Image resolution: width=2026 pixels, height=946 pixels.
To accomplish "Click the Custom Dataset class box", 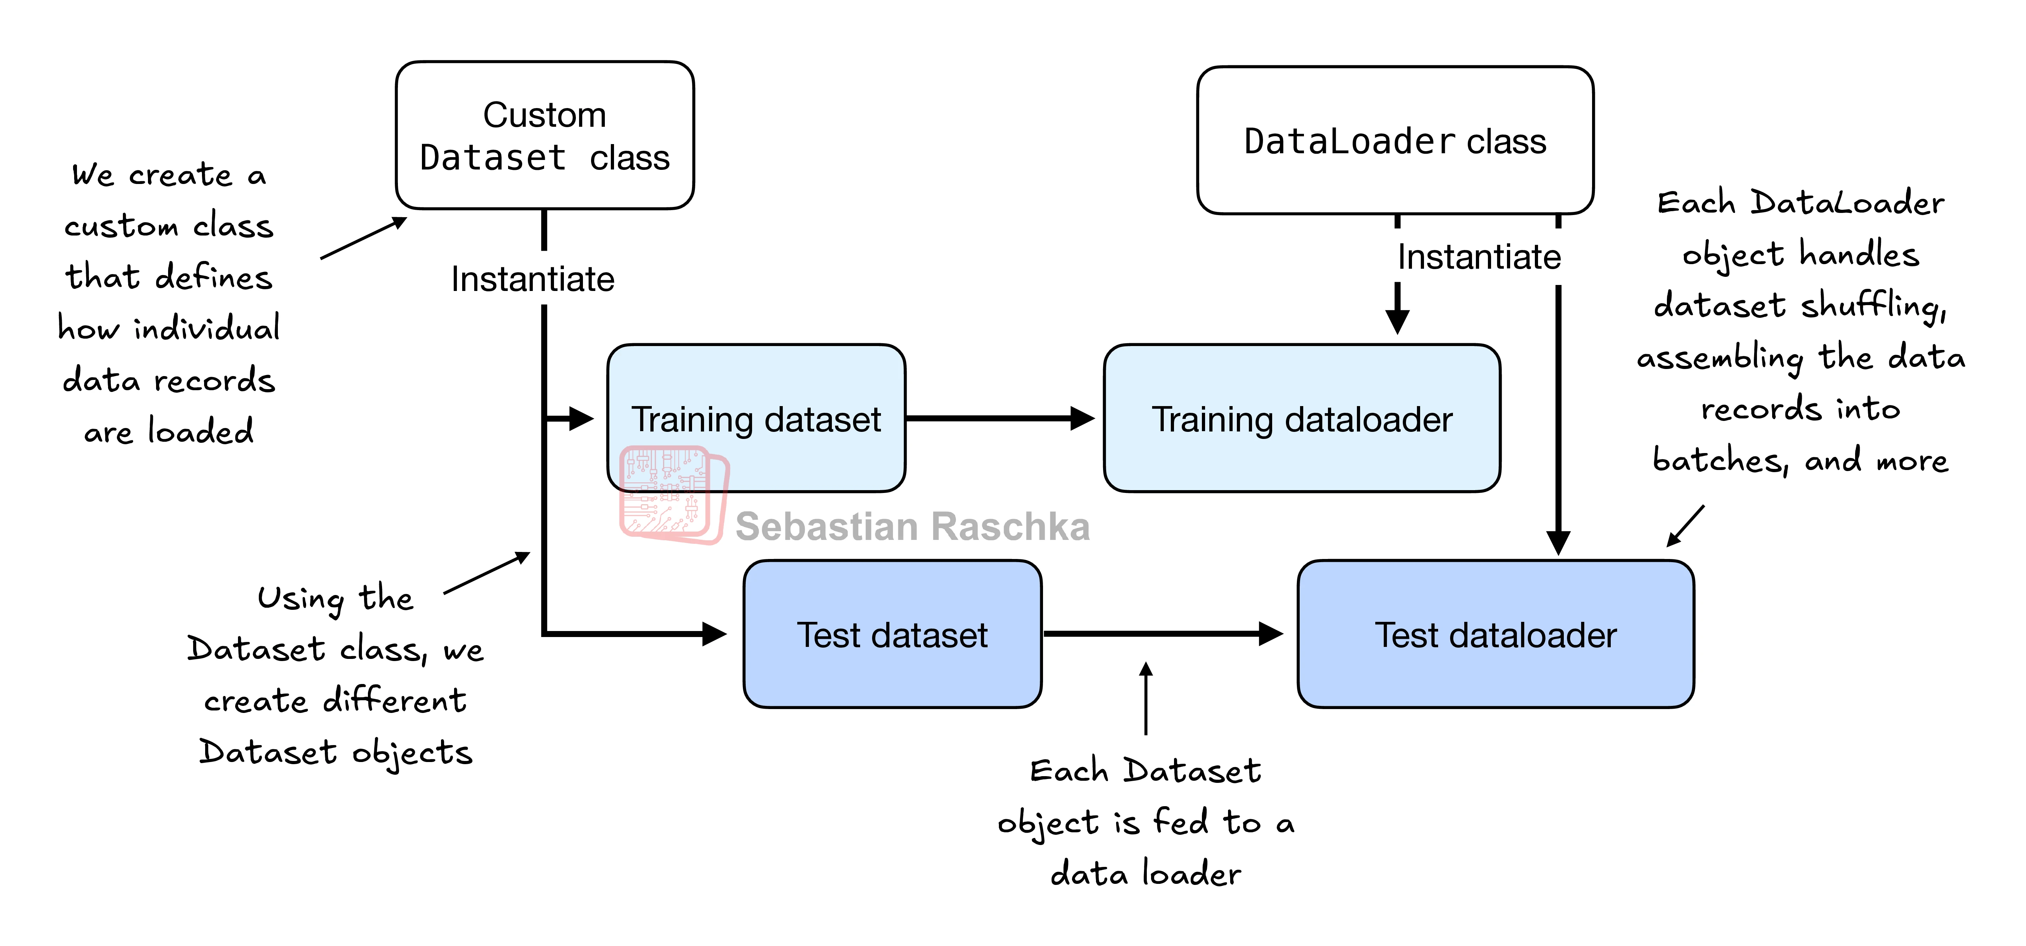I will point(544,135).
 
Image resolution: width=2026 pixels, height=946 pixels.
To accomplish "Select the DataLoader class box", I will point(1394,140).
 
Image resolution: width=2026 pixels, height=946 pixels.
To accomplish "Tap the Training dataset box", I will point(756,418).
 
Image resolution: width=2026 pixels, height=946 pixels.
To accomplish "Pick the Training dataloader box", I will point(1301,418).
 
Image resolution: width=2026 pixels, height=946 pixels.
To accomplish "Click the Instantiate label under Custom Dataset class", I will point(532,279).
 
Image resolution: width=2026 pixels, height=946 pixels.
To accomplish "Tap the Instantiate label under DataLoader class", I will point(1479,257).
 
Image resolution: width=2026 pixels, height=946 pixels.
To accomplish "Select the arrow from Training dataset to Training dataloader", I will point(999,418).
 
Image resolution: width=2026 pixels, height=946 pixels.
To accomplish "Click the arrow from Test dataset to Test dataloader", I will point(1162,633).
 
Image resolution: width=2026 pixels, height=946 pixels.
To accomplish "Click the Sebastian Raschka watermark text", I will point(912,527).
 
